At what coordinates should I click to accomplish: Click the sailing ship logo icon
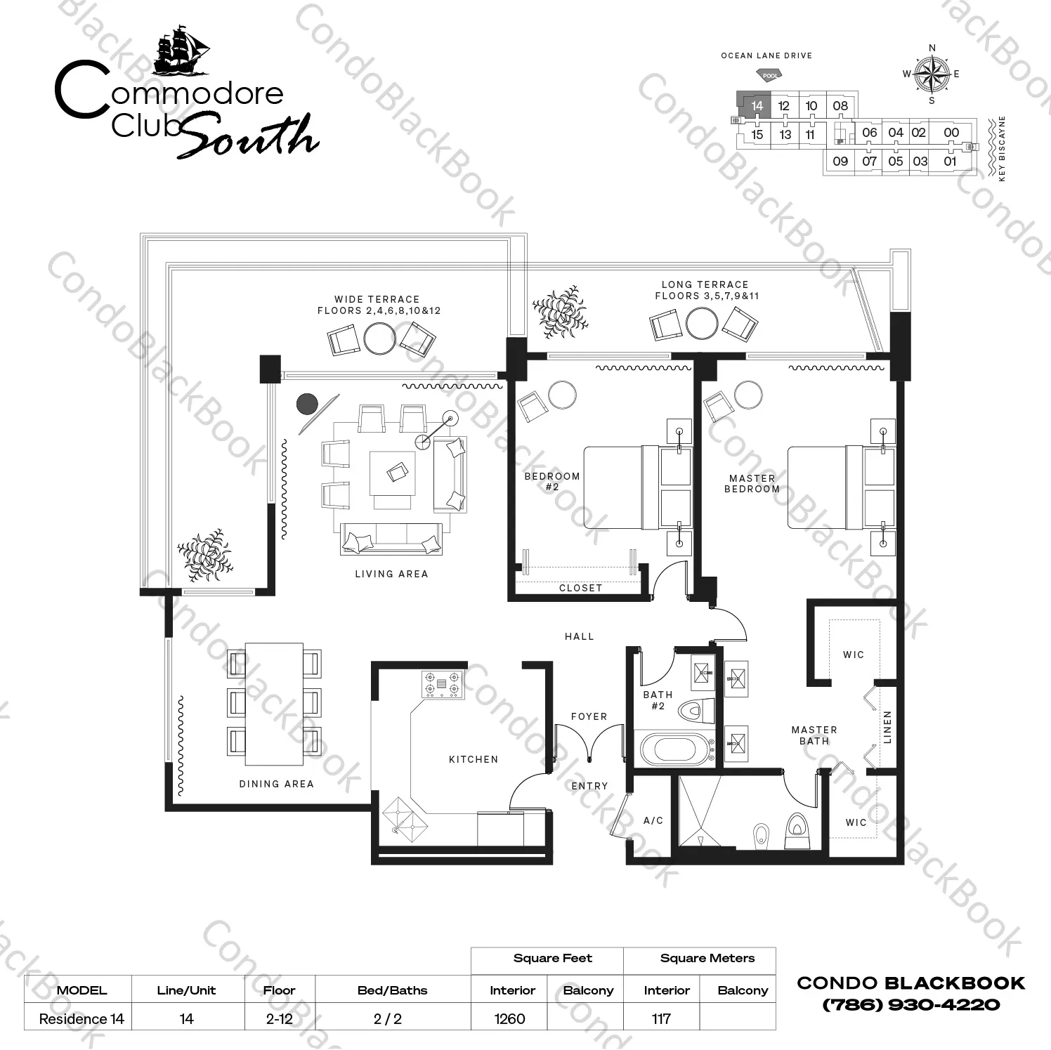(x=181, y=51)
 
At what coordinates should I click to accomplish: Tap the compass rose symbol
(x=932, y=74)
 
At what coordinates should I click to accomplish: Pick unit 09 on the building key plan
(x=840, y=161)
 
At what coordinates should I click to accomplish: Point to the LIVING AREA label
(x=391, y=574)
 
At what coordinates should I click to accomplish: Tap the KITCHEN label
(x=474, y=759)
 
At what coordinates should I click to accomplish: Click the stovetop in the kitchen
(x=443, y=684)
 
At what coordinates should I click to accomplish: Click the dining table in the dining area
(x=274, y=704)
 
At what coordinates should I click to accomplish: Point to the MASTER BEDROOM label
(x=752, y=483)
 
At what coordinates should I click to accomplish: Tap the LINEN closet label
(x=887, y=727)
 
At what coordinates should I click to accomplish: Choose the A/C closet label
(x=653, y=820)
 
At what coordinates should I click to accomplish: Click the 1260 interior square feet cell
(x=509, y=1018)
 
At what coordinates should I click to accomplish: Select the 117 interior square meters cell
(x=661, y=1018)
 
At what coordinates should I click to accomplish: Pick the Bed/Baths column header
(x=392, y=990)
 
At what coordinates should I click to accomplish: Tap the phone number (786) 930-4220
(x=911, y=1005)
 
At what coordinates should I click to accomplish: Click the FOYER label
(x=589, y=716)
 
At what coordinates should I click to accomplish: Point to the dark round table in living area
(x=307, y=404)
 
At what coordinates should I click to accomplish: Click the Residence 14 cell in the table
(x=81, y=1019)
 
